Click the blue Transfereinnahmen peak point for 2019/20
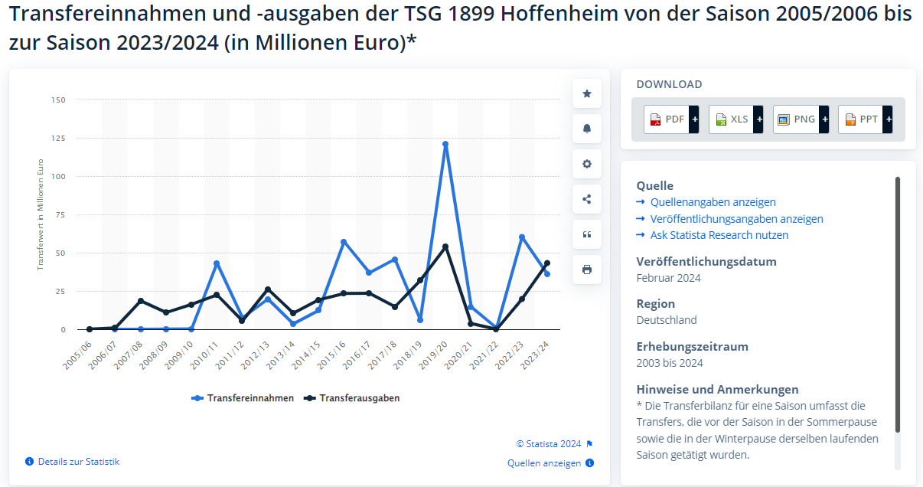(x=445, y=144)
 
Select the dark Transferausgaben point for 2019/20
(x=445, y=247)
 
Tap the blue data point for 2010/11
(x=217, y=263)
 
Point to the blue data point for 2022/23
(x=522, y=237)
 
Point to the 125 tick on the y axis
(x=58, y=138)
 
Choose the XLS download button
(x=735, y=119)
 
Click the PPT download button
(x=865, y=119)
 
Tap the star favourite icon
(x=587, y=93)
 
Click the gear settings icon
(x=587, y=164)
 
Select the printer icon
(x=587, y=270)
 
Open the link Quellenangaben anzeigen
(x=713, y=202)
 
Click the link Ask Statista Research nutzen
(x=719, y=235)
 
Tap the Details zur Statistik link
(x=78, y=462)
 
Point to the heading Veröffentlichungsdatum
(x=706, y=261)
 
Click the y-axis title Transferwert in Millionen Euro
(x=41, y=214)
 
